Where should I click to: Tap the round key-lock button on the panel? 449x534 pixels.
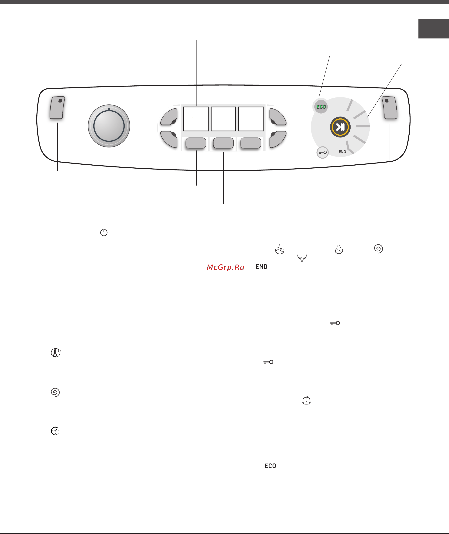(x=322, y=153)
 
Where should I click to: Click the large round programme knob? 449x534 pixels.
(x=109, y=126)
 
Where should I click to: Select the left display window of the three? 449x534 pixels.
(x=196, y=119)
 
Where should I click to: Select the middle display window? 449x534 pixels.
(x=223, y=119)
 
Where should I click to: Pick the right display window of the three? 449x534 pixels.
(x=251, y=119)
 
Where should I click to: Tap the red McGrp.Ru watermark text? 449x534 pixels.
(x=226, y=267)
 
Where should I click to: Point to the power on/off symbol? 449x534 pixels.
(x=104, y=232)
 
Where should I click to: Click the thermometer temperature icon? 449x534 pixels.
(x=56, y=353)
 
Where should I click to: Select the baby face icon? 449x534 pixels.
(x=306, y=400)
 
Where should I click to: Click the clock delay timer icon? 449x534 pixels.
(x=55, y=431)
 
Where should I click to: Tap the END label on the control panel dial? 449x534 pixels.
(x=342, y=152)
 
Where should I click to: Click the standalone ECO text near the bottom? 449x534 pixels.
(x=270, y=466)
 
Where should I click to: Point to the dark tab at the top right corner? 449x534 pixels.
(x=434, y=29)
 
